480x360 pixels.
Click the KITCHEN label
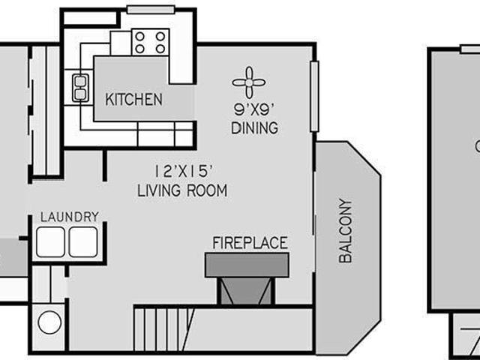coord(133,100)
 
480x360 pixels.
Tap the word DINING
coord(255,127)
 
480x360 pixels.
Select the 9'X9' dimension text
coord(253,109)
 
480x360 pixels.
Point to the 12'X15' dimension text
coord(183,172)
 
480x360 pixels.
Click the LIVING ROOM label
coord(182,190)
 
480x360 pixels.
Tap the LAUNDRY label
coord(70,217)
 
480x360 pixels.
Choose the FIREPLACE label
coord(250,243)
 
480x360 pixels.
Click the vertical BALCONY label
coord(346,230)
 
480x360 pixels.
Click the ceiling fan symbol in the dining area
coord(249,82)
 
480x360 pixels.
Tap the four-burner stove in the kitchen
coord(150,42)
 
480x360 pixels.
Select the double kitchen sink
coord(80,88)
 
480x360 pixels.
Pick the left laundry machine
coord(50,241)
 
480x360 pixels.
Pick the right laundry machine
coord(83,241)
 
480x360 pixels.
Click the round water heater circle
coord(49,322)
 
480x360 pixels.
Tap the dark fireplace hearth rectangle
coord(247,265)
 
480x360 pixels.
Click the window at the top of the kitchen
coord(151,10)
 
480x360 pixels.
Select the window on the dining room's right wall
coord(315,97)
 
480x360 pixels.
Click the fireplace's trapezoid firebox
coord(246,291)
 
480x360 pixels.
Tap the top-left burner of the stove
coord(140,37)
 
